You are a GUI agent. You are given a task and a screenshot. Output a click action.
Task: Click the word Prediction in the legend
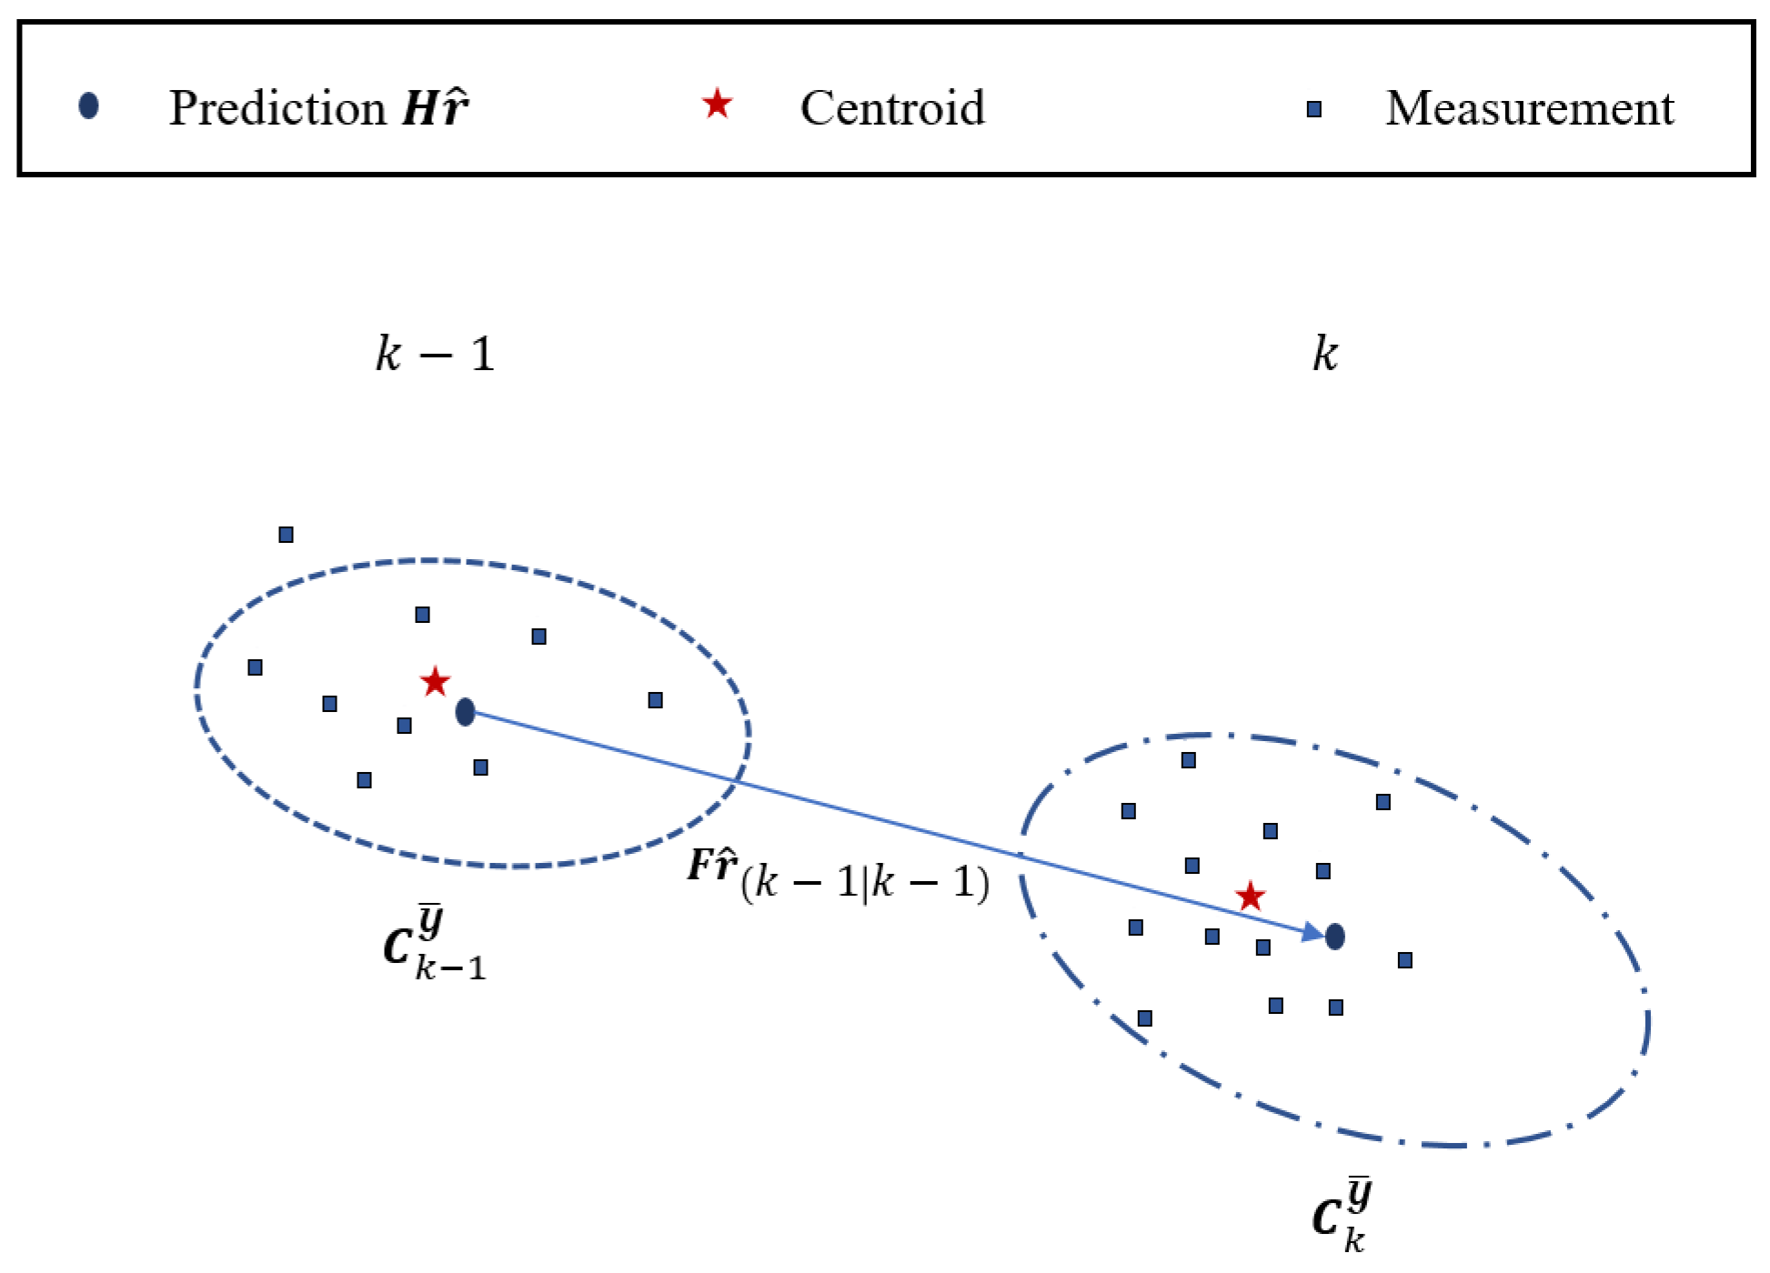[277, 109]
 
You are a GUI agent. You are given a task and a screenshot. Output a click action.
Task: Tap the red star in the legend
[717, 105]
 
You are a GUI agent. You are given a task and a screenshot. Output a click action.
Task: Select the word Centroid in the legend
[892, 108]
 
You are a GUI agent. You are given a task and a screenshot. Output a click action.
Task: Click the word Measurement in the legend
[1529, 109]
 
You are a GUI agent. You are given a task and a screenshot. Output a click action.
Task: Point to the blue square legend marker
[1313, 110]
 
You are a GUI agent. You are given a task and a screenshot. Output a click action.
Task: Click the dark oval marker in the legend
[88, 106]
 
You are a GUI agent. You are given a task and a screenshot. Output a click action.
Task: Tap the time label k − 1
[435, 354]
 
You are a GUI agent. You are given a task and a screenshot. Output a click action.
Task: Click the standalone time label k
[1324, 353]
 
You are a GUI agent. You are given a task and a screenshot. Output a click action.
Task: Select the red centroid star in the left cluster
[435, 681]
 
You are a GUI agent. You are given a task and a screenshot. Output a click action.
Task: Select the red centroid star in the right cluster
[1250, 897]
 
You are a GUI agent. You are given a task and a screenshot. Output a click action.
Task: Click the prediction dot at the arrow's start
[465, 712]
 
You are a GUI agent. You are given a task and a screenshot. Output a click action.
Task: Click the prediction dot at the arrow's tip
[1334, 936]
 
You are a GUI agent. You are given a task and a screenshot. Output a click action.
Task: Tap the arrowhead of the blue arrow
[1312, 932]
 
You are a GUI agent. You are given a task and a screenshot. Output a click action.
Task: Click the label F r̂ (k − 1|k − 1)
[838, 876]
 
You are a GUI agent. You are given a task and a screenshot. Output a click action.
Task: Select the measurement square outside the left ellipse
[286, 535]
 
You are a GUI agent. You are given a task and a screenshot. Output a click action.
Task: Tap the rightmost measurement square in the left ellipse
[655, 700]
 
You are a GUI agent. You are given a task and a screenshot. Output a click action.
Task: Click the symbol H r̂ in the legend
[436, 108]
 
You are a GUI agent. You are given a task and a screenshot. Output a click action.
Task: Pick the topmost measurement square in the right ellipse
[1188, 760]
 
